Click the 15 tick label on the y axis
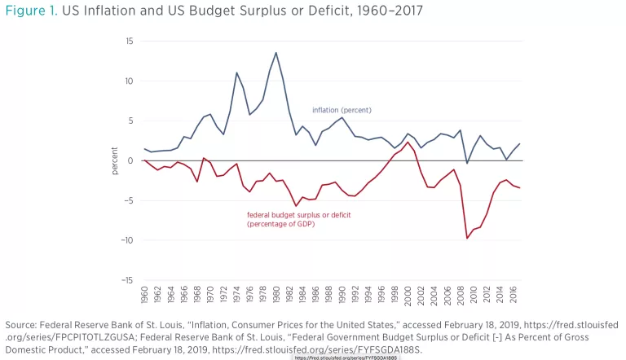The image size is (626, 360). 129,41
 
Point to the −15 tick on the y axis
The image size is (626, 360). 127,280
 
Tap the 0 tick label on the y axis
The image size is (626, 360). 130,160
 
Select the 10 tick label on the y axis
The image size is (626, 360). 129,81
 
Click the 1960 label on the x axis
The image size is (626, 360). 144,296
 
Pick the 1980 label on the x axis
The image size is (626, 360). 276,296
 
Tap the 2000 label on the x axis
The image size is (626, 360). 408,296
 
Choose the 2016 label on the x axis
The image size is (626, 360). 513,296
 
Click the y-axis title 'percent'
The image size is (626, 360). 115,160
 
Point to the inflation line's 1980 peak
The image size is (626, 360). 276,53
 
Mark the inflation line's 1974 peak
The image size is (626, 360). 236,72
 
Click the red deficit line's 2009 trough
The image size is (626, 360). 467,238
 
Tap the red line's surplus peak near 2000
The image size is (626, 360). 408,142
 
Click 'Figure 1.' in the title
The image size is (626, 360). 31,10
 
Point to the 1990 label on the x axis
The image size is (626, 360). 342,296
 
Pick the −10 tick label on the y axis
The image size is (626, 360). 127,240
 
